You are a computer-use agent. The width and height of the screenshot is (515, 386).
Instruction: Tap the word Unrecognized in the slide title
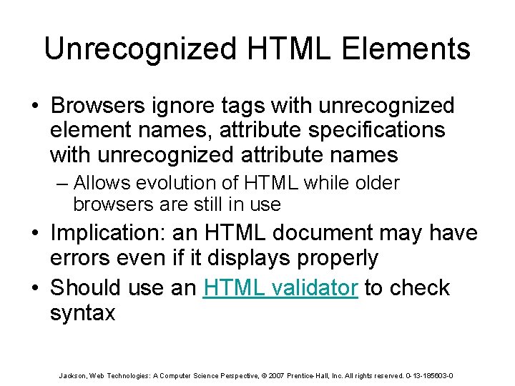(x=139, y=49)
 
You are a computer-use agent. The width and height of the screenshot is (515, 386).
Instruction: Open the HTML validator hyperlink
(x=280, y=287)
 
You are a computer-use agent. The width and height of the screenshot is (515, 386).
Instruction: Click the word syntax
(x=82, y=313)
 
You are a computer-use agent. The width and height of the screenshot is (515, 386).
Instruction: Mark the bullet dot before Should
(x=35, y=287)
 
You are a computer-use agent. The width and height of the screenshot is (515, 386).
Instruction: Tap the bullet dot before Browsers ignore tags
(x=35, y=106)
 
